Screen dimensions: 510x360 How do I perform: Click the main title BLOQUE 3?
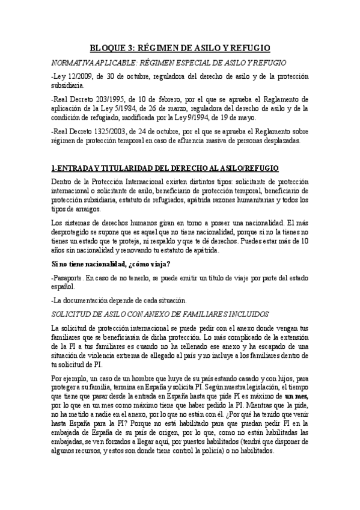[180, 47]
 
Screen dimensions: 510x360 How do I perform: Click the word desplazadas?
[282, 142]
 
